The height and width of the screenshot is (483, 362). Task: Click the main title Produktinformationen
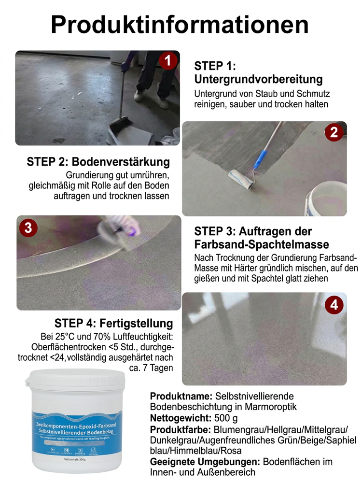point(180,24)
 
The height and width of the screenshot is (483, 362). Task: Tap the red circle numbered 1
point(167,61)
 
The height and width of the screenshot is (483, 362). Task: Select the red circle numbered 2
point(334,132)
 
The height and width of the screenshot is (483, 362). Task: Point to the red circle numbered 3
point(28,227)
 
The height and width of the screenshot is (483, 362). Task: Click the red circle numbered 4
point(334,305)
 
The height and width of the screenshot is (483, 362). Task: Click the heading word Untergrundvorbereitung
point(258,79)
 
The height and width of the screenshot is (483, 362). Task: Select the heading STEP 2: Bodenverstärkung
point(98,162)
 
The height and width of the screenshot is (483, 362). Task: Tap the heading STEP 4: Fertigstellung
point(113,323)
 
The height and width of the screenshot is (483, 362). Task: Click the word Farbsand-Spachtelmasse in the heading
point(262,243)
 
